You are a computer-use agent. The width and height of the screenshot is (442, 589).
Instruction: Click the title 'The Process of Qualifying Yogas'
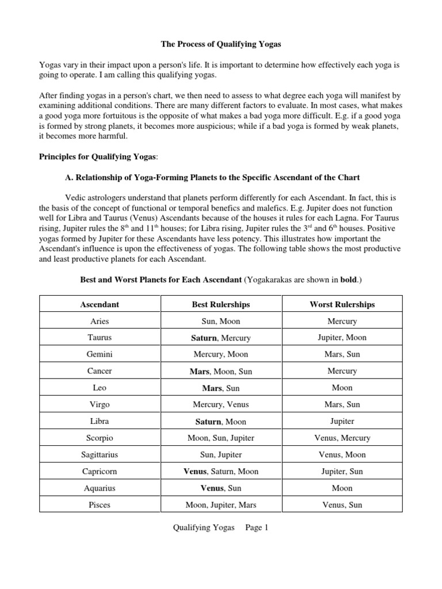[x=220, y=44]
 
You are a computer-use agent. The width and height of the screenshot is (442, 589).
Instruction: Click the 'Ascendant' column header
[x=100, y=304]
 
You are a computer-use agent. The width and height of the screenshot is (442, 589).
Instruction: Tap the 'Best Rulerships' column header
[x=220, y=304]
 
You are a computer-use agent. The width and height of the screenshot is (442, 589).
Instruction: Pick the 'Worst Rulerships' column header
[x=342, y=304]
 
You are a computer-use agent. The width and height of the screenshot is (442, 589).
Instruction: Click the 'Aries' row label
[x=100, y=321]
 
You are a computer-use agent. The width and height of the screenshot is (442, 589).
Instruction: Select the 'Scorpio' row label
[x=100, y=438]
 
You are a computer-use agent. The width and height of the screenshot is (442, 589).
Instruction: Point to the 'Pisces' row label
[x=100, y=505]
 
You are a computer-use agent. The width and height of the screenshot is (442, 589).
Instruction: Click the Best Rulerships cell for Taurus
[x=220, y=338]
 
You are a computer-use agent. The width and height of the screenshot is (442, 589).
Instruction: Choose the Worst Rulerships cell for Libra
[x=342, y=421]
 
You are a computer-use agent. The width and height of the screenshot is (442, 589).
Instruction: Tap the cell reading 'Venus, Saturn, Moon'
[x=220, y=472]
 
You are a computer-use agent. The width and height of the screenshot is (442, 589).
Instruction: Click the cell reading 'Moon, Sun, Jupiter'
[x=220, y=438]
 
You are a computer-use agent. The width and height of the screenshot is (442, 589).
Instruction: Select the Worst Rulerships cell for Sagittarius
[x=342, y=455]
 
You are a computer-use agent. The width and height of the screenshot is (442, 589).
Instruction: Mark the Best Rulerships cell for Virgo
[x=220, y=404]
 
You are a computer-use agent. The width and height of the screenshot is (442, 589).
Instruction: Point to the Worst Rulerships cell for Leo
[x=342, y=388]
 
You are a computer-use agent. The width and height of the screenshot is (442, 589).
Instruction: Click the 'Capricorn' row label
[x=100, y=472]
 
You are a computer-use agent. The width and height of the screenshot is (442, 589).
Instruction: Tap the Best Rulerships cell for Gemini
[x=220, y=354]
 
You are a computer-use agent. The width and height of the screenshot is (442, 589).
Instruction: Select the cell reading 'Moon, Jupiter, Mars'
[x=220, y=505]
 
